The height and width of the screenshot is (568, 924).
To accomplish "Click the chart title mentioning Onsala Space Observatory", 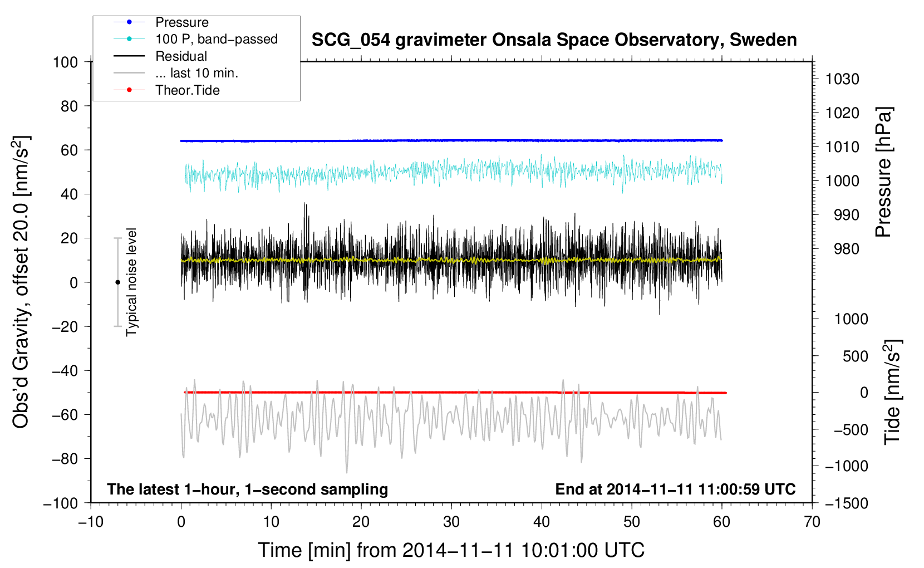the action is (554, 40).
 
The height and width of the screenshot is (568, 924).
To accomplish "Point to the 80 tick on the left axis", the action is (69, 106).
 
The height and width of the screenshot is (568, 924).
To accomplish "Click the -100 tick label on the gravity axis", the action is (61, 503).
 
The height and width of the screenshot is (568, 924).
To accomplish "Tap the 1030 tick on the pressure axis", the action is (842, 79).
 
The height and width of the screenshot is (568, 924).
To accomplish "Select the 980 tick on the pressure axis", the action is (847, 249).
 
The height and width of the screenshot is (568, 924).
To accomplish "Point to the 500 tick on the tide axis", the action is (855, 356).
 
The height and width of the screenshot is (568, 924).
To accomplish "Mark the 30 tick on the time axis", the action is (451, 522).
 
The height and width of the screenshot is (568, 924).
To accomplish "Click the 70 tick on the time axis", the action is (812, 522).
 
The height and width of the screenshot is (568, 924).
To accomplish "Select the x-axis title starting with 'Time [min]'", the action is (451, 550).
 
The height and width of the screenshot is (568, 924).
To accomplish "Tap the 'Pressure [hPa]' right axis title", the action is (883, 172).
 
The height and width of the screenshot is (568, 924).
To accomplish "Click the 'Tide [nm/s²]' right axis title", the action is (892, 392).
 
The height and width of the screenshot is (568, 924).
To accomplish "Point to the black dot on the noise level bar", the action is (117, 282).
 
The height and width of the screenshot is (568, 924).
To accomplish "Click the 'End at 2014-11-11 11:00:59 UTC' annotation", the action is (675, 489).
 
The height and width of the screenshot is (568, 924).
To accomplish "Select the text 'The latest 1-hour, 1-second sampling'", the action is (248, 489).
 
